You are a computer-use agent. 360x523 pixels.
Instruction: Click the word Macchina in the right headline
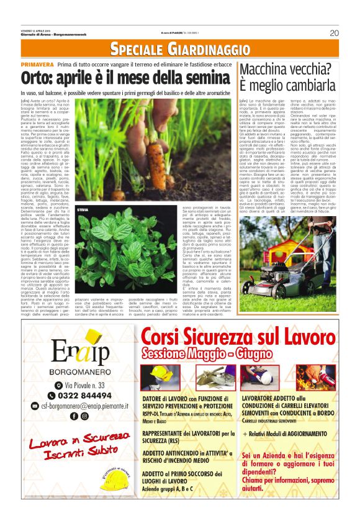point(271,70)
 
